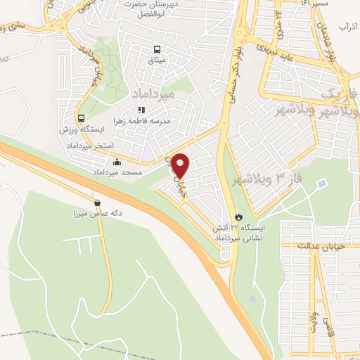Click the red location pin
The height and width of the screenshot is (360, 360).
coord(181,165)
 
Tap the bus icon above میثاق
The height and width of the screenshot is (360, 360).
coord(157,49)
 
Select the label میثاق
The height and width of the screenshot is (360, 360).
coord(157,61)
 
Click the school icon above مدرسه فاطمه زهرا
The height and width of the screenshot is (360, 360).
coord(141,110)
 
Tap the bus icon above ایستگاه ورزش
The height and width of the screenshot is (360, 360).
coord(82,118)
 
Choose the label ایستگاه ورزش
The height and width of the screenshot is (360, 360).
coord(84,131)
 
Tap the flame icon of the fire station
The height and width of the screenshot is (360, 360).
coord(238,217)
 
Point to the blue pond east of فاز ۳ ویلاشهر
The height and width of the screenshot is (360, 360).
coord(321,184)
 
